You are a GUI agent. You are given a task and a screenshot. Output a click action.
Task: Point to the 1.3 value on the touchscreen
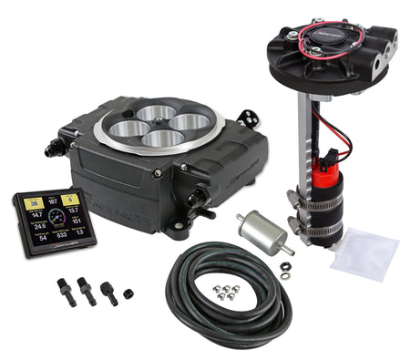point(78,233)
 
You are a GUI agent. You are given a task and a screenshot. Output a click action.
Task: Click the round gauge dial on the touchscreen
point(56,215)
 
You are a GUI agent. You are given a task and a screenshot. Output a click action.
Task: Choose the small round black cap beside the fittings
point(127,293)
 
